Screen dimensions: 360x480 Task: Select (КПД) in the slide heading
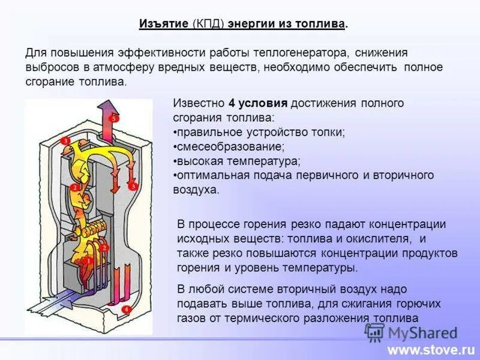(208, 24)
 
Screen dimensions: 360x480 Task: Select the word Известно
(199, 103)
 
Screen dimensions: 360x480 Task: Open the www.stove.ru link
(431, 349)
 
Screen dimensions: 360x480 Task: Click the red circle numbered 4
(127, 310)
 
